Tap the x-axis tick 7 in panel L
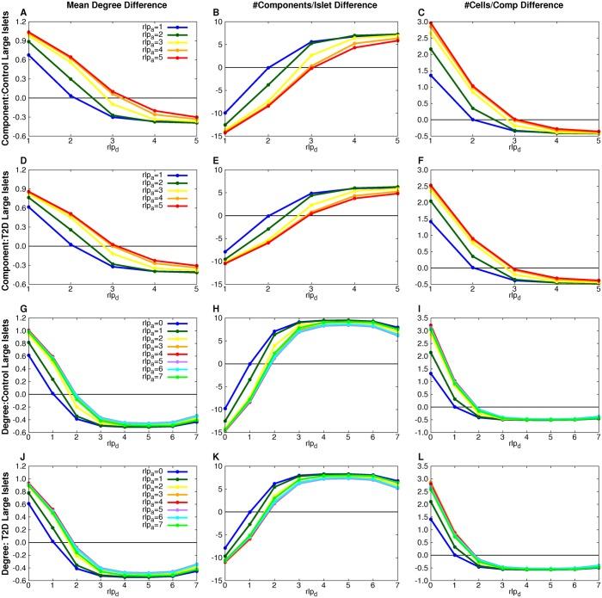point(599,583)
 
